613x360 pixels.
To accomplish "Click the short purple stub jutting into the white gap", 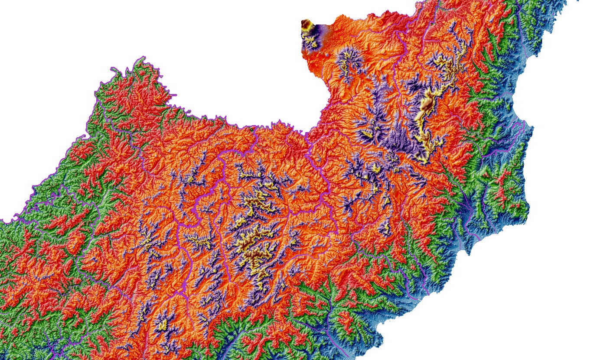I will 173,95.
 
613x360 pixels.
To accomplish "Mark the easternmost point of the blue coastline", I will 532,130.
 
